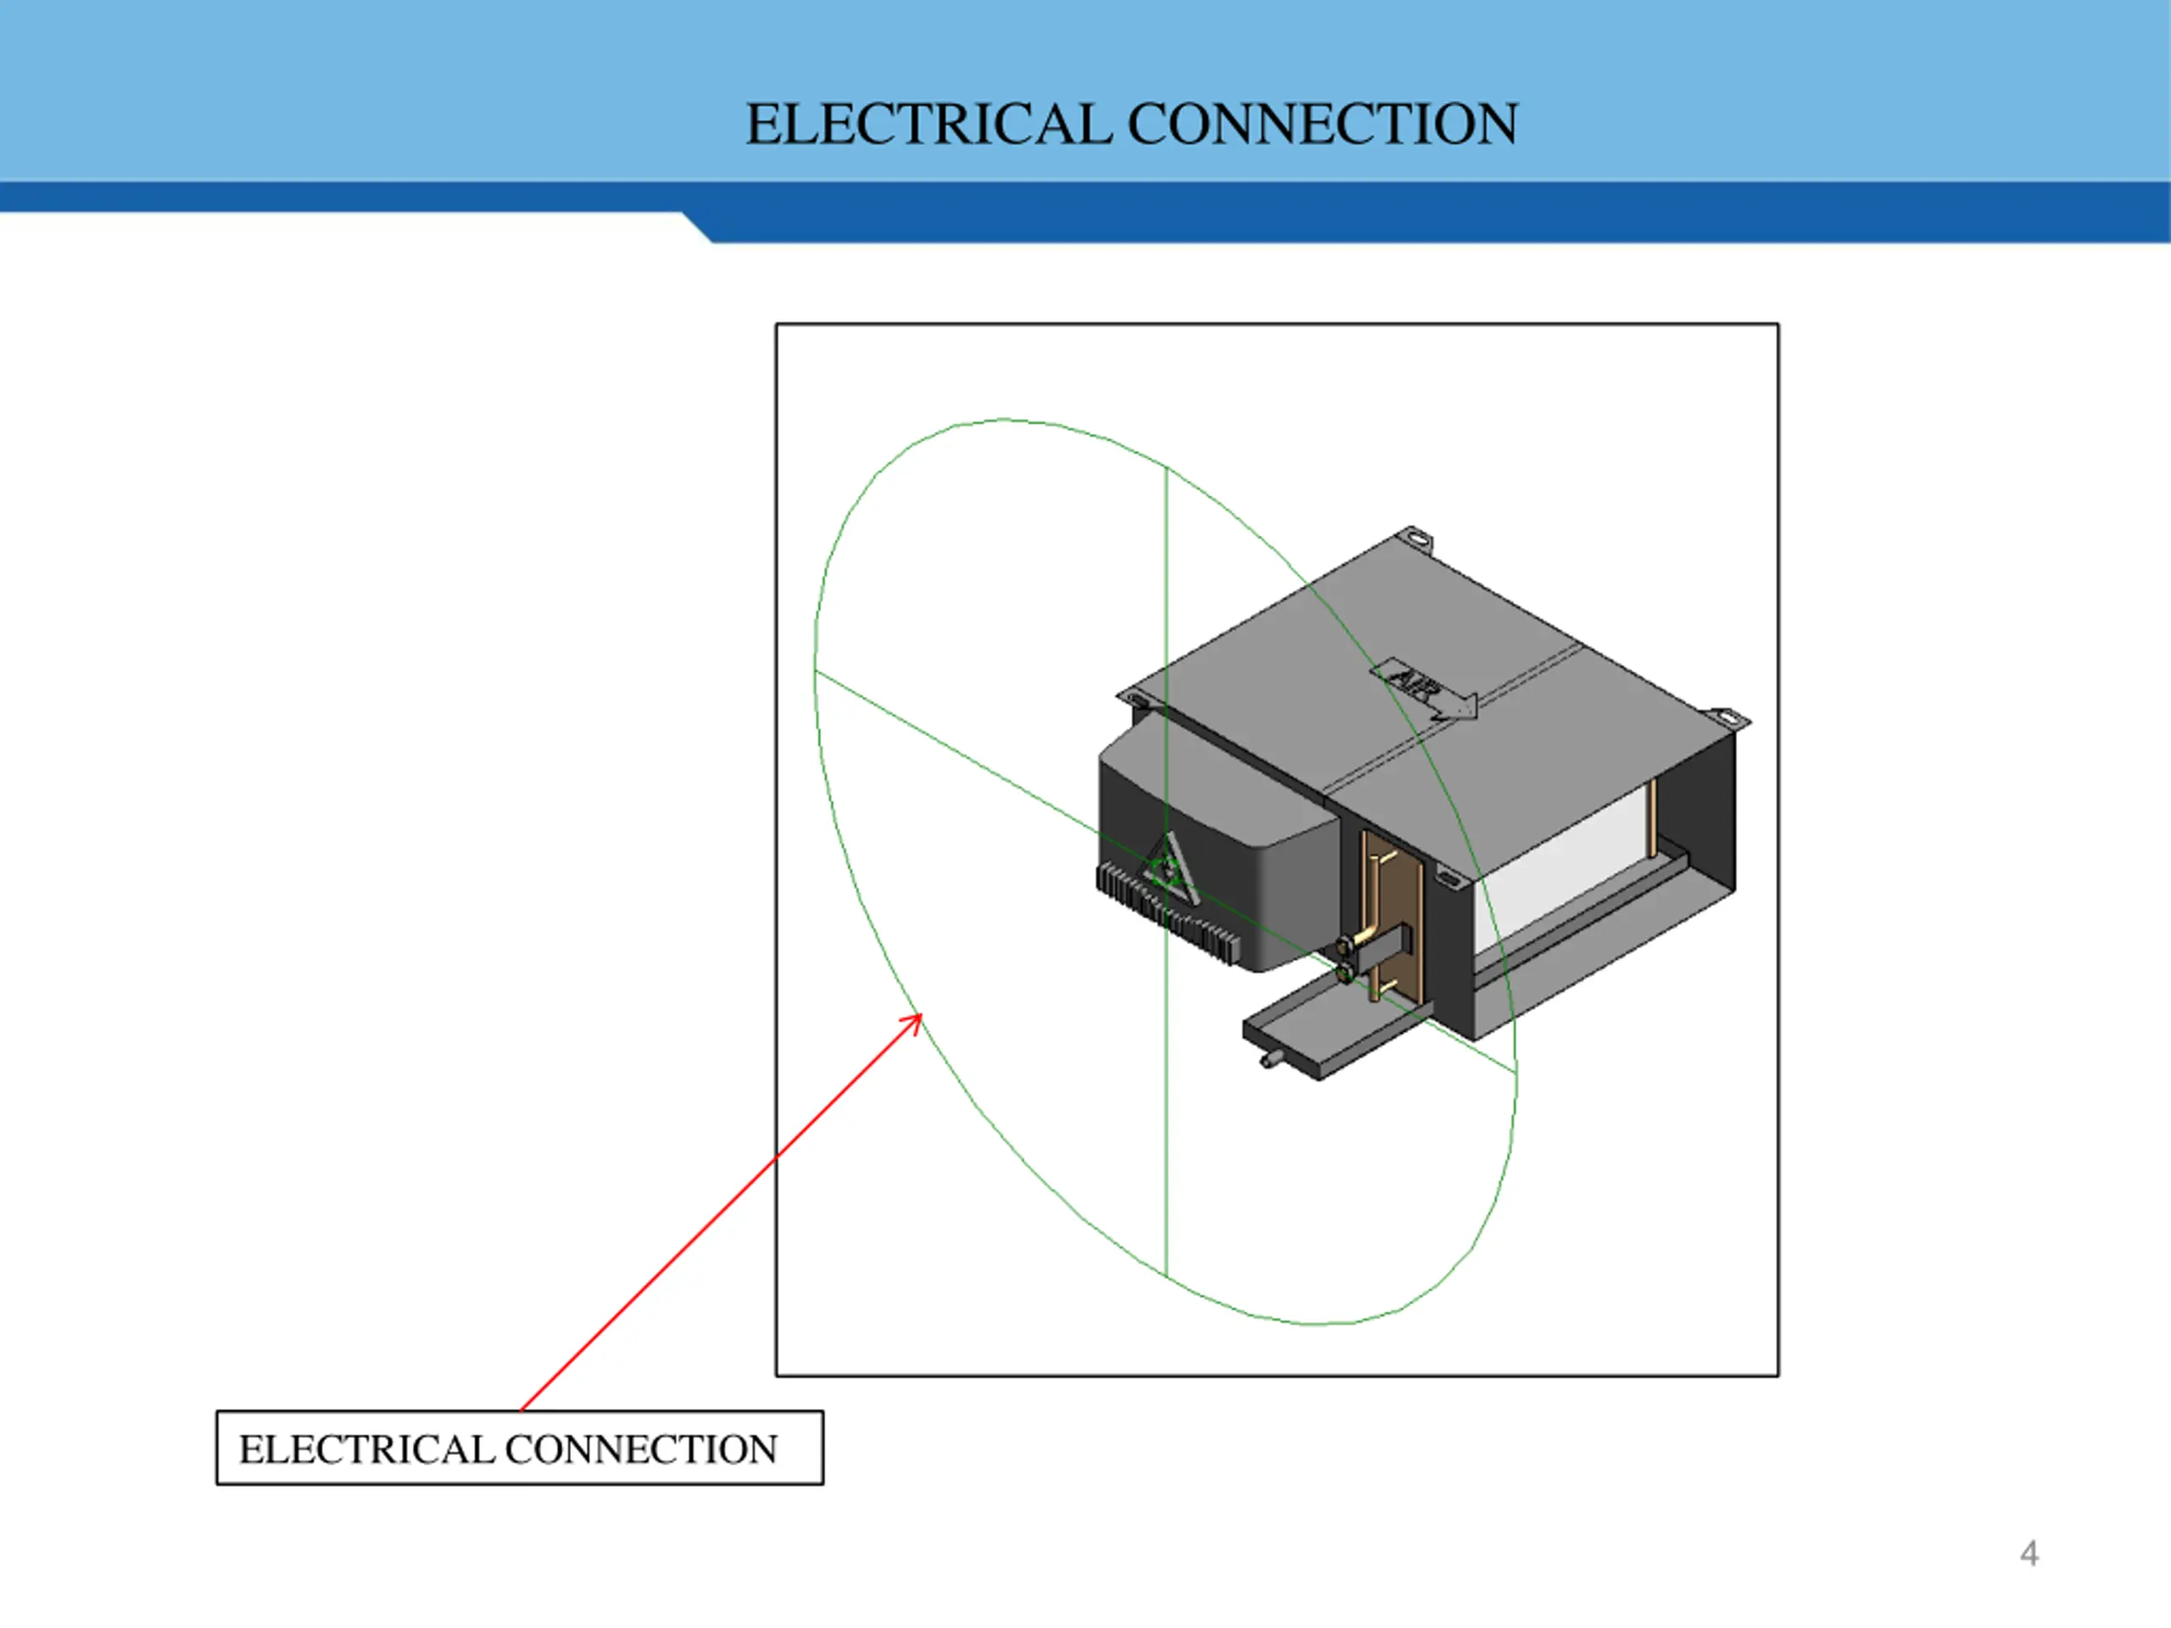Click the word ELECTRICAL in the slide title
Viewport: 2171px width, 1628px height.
928,125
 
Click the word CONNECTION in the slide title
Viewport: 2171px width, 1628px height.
1322,125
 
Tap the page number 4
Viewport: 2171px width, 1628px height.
2029,1553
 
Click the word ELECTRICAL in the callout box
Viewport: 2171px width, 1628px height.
366,1449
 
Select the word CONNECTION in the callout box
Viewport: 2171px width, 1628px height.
640,1449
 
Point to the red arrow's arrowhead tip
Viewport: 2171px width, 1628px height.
921,1016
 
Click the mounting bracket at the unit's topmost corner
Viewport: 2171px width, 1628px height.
1416,537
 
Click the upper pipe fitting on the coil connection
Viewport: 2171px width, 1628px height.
1346,945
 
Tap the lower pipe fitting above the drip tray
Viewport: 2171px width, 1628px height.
1346,973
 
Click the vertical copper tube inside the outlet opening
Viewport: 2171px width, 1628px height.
1653,817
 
